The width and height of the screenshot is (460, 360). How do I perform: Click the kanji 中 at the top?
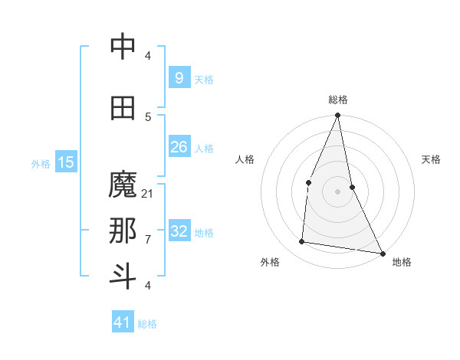click(x=123, y=47)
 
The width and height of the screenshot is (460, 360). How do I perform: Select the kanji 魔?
click(x=123, y=186)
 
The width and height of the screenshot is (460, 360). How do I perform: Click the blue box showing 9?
click(x=179, y=78)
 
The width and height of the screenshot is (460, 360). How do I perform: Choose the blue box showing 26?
click(x=179, y=147)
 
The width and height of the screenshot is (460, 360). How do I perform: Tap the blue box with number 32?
click(x=179, y=231)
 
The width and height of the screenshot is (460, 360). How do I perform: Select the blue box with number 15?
click(x=66, y=162)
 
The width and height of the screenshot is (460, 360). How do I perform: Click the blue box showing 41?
click(x=123, y=322)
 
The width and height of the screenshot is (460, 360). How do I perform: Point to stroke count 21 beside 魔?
click(x=148, y=194)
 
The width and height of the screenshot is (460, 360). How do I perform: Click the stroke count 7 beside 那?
click(x=148, y=240)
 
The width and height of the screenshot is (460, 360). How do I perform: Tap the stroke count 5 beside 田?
click(x=148, y=116)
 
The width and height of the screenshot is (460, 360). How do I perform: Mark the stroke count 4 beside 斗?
click(x=148, y=286)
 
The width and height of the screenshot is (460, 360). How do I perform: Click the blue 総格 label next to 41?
click(x=147, y=324)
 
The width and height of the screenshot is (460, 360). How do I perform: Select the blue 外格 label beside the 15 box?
click(x=41, y=164)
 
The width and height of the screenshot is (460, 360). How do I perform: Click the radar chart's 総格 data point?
click(x=337, y=116)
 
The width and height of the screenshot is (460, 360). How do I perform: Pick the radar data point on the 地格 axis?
click(x=382, y=253)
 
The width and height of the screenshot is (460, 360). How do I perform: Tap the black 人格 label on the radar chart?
click(x=245, y=159)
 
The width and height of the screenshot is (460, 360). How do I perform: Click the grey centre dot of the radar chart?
click(x=337, y=191)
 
